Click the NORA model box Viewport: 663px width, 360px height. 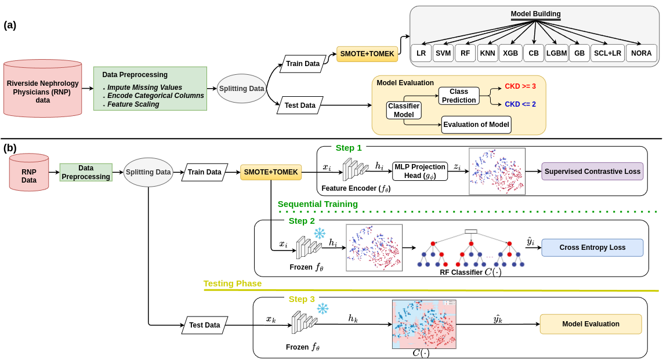[x=641, y=53]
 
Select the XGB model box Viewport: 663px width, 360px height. [x=510, y=53]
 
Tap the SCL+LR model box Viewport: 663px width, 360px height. [x=607, y=53]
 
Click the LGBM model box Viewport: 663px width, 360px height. [x=557, y=53]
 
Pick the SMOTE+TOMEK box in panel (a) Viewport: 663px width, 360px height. [x=367, y=54]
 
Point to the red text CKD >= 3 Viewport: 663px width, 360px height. [x=520, y=86]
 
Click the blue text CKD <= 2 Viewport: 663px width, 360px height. [x=520, y=104]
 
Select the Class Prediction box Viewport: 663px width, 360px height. [x=459, y=96]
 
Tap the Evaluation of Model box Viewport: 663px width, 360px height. [x=476, y=124]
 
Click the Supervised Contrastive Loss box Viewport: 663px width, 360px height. [x=593, y=171]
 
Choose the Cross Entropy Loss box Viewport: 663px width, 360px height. [x=592, y=248]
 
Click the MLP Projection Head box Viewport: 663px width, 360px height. [x=420, y=171]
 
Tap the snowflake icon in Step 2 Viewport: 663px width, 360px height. [x=320, y=234]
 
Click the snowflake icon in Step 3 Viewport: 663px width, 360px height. [x=323, y=309]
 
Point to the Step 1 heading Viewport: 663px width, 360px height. [x=348, y=148]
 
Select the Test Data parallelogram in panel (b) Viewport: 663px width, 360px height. [x=205, y=325]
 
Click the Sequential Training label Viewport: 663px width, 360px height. [x=317, y=204]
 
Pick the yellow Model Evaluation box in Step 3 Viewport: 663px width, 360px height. [x=590, y=324]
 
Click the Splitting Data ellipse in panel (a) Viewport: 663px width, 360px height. [x=241, y=89]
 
